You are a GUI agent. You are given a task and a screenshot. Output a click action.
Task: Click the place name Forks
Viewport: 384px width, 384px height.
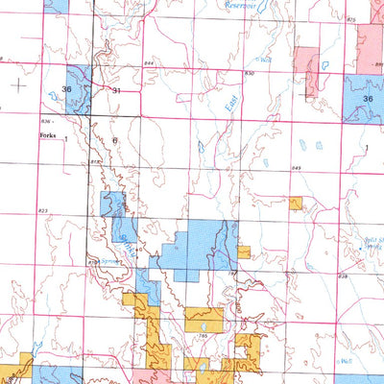(47, 137)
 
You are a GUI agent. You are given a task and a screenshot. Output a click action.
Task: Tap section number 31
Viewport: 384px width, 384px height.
(116, 90)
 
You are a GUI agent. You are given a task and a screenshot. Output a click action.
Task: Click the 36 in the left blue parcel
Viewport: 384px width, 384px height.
(66, 90)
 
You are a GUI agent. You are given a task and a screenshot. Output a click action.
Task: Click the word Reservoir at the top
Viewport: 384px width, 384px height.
(239, 5)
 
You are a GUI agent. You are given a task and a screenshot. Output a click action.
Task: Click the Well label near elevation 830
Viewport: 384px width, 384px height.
(266, 60)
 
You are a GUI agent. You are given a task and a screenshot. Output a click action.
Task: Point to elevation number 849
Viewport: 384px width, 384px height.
(297, 169)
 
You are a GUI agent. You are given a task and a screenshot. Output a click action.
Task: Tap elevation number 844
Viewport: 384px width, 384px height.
(149, 64)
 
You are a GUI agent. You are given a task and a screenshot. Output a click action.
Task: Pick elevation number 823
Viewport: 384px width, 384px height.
(43, 210)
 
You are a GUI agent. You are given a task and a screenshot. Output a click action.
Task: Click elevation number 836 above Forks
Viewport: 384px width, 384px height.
(45, 122)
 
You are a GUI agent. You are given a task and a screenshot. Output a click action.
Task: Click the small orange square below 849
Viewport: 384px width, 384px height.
(296, 203)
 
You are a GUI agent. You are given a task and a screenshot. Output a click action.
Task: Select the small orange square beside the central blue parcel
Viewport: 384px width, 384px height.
(244, 252)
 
